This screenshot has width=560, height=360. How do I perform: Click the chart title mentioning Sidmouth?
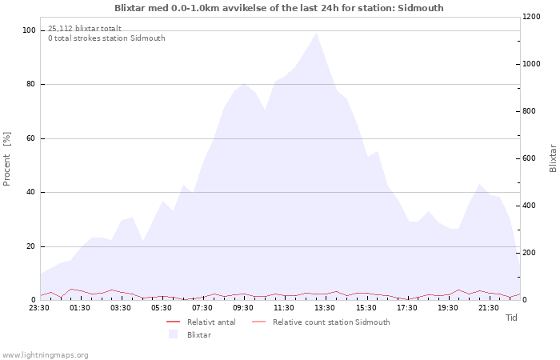point(279,8)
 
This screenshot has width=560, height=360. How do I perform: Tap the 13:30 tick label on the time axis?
point(325,308)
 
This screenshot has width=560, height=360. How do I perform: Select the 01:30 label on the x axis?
point(80,308)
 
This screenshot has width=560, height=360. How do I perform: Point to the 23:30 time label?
point(39,308)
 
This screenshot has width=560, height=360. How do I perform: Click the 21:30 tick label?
point(488,308)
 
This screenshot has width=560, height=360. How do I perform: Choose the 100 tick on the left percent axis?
point(29,30)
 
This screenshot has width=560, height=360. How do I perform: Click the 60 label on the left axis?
point(30,138)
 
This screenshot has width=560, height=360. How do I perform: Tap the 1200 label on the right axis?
point(531,17)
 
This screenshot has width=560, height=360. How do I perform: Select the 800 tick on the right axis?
point(530,111)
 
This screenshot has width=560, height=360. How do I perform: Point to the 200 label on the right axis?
point(530,253)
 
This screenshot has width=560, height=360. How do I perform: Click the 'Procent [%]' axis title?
point(6,159)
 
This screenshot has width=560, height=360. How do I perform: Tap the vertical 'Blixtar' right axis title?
point(553,158)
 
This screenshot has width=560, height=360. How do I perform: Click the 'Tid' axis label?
point(511,318)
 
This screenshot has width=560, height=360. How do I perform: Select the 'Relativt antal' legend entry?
point(201,322)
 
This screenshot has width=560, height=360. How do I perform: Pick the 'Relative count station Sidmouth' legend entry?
point(321,322)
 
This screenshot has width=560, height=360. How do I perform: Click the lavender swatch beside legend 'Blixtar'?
point(174,334)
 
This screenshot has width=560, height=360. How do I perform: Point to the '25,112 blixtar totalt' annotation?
point(85,29)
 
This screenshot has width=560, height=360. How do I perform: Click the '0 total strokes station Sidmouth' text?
point(106,38)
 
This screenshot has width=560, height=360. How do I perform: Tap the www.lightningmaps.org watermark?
point(45,355)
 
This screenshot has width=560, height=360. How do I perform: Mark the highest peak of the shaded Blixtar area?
point(316,34)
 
